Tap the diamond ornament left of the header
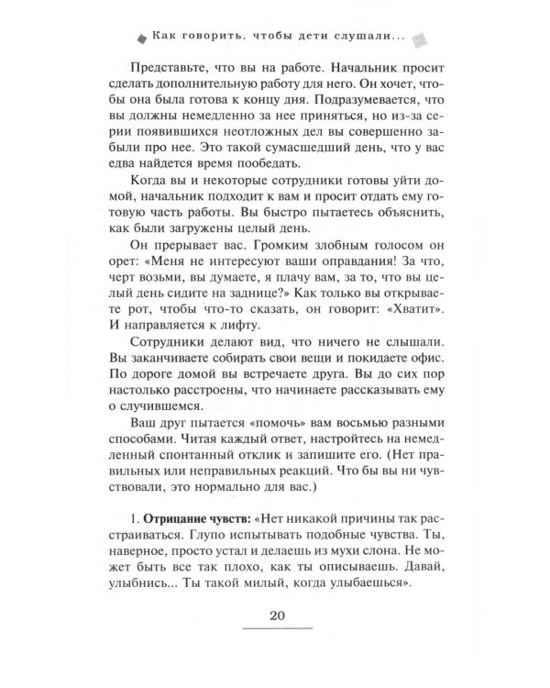click(140, 39)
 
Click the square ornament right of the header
click(420, 39)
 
